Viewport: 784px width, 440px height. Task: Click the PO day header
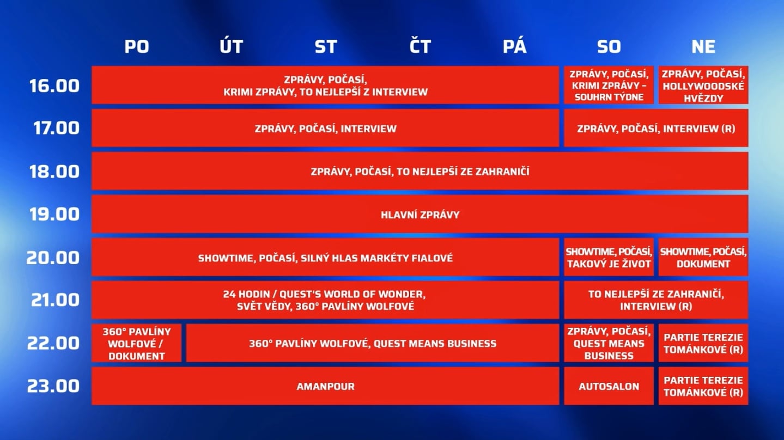(136, 47)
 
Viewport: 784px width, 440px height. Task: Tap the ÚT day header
(231, 47)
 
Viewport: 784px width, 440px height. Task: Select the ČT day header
(420, 47)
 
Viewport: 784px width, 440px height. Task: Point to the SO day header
(609, 47)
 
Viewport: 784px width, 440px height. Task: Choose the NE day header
(703, 47)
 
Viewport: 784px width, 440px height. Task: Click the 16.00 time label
(54, 85)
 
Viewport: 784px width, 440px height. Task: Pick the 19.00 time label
(54, 215)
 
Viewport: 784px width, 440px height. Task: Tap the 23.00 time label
(54, 386)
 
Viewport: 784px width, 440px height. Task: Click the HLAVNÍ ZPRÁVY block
(420, 215)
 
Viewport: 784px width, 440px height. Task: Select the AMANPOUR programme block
(325, 386)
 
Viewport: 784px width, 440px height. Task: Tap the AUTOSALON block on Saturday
(609, 386)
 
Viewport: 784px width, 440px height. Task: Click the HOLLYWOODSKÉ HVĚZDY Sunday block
(703, 85)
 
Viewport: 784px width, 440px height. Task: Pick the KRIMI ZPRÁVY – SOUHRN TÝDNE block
(609, 85)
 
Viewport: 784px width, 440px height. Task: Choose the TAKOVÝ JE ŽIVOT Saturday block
(609, 258)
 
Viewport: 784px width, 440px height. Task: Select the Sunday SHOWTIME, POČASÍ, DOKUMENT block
(703, 258)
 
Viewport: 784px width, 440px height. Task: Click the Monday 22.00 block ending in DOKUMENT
(136, 344)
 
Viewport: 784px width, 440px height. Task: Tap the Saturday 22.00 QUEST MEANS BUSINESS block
(609, 344)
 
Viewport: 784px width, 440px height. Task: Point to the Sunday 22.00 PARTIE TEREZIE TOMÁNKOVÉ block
(703, 344)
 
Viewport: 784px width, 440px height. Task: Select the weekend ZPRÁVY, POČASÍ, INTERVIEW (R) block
(656, 129)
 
